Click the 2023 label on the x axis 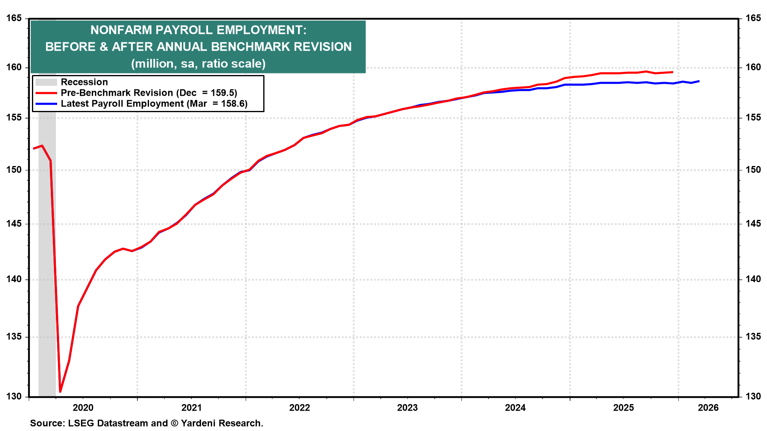(407, 407)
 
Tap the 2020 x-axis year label (83, 407)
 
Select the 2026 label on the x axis (708, 407)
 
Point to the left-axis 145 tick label (14, 224)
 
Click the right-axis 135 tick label (753, 337)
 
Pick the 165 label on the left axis (14, 18)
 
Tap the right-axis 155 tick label (753, 118)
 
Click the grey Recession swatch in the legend (46, 82)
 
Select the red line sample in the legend (46, 93)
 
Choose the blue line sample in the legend (46, 104)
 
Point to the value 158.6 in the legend (235, 104)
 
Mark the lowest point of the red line (60, 391)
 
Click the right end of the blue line (699, 81)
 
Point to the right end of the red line (673, 72)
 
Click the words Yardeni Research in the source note (222, 423)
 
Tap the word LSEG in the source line (80, 423)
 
